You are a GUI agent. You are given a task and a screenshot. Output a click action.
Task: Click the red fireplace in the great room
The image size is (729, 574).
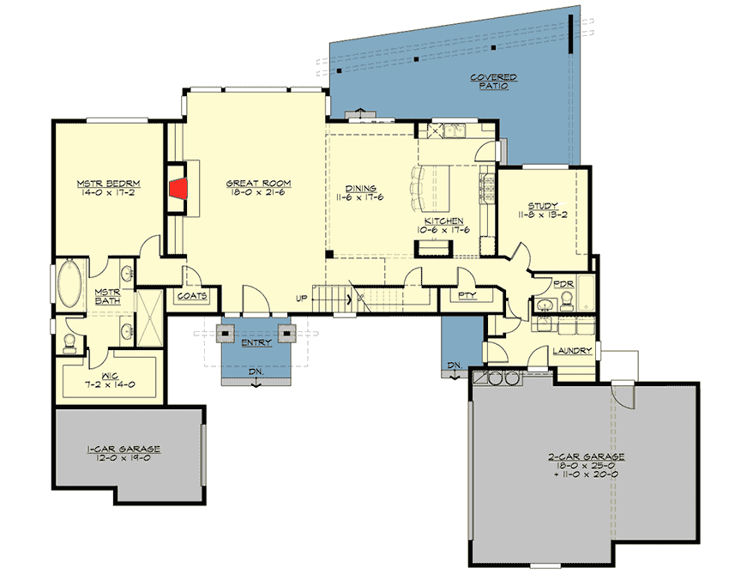coord(178,190)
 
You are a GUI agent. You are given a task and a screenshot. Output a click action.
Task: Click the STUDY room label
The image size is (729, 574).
coord(543,205)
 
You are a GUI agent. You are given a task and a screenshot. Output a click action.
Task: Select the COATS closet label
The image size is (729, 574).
coord(193,297)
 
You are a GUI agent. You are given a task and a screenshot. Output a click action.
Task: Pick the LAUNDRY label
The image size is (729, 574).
coord(569,350)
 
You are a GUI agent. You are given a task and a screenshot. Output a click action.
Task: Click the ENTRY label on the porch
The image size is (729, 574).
coord(256,342)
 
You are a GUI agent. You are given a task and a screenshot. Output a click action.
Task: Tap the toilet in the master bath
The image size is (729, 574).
coord(69,344)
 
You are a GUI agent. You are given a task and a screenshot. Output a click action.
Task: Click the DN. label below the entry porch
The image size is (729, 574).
coord(256,373)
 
